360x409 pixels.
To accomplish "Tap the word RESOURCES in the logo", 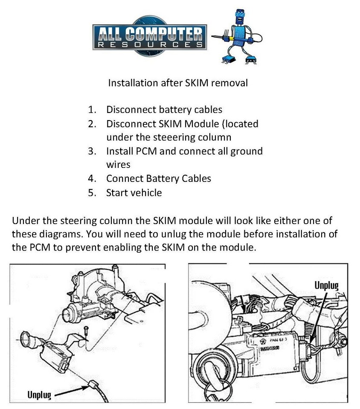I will [150, 44].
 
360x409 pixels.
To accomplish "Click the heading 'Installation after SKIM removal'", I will [177, 83].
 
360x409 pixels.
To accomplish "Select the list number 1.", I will [92, 109].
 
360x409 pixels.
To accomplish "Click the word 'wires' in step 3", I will [118, 164].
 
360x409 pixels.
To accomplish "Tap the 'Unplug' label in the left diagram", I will [39, 395].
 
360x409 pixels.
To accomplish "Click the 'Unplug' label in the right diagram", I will [326, 285].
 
